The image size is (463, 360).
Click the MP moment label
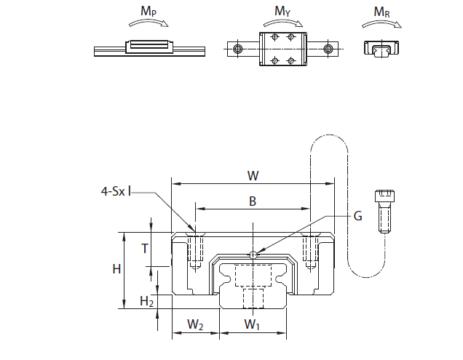147,12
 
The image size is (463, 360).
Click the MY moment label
282,12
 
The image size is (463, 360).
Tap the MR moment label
381,12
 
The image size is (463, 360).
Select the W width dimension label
253,175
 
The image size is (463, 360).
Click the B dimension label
253,201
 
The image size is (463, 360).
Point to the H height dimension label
116,269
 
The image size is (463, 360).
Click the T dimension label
144,247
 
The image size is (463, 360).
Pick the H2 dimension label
147,300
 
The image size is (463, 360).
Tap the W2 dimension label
195,324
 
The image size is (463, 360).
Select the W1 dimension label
252,324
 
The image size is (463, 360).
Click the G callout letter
357,216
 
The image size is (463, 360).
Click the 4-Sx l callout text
116,192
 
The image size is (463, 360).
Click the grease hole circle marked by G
253,255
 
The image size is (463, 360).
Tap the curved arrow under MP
147,23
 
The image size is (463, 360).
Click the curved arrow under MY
282,23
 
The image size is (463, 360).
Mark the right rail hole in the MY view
329,49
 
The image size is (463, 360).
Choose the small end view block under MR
381,49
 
